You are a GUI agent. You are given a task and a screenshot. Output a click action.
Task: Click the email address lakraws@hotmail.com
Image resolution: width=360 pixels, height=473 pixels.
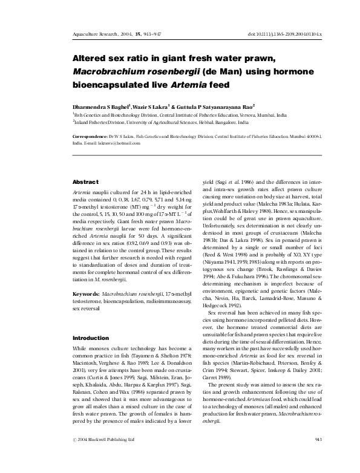123,144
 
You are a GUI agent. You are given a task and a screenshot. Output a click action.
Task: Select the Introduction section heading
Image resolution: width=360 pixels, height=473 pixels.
90,338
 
